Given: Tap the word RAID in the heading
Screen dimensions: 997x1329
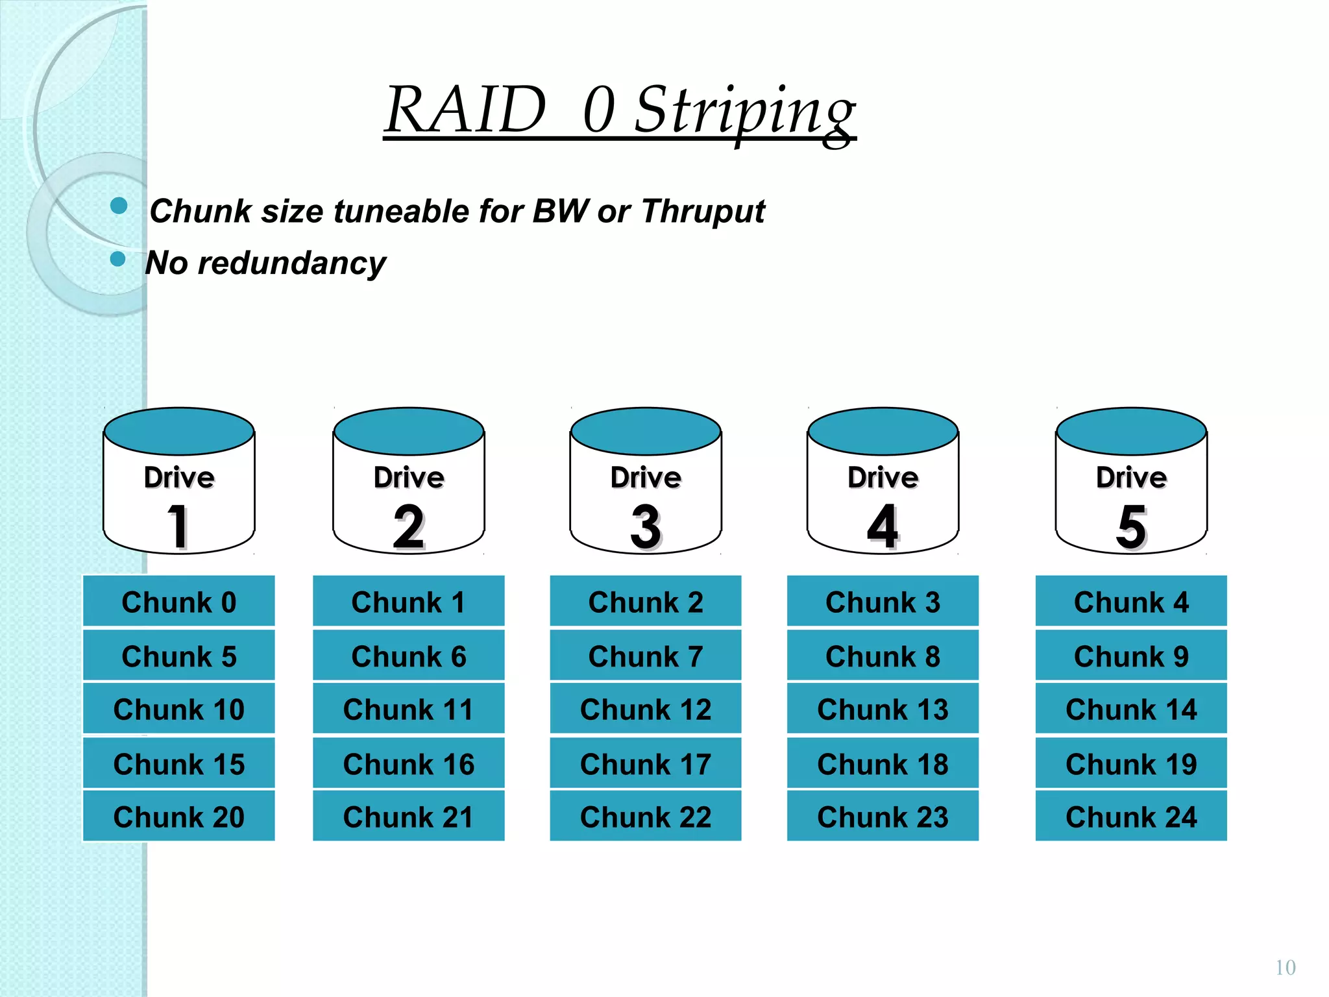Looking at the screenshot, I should [x=465, y=110].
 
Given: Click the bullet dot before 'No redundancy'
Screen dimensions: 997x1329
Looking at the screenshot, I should [x=117, y=259].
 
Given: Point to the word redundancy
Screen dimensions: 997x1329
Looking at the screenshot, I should [x=291, y=264].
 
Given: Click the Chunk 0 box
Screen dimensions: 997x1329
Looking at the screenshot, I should [x=179, y=602].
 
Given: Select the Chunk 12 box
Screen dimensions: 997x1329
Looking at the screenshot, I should [x=646, y=709].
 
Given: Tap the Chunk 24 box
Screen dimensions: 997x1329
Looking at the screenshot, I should [x=1130, y=817].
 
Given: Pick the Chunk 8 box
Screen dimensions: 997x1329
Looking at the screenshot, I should [x=883, y=656].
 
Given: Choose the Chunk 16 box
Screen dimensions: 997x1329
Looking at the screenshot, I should [x=409, y=763].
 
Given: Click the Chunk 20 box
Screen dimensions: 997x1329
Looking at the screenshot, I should [x=179, y=817].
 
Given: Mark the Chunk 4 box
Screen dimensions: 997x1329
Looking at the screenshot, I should [x=1130, y=602].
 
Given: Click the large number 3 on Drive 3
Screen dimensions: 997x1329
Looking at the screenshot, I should [x=645, y=526].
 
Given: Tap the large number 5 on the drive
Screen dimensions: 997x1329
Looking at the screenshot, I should [x=1131, y=526].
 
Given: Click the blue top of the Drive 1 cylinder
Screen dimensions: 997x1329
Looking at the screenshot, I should [x=179, y=431].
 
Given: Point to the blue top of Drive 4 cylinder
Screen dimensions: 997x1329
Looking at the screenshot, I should [x=883, y=431].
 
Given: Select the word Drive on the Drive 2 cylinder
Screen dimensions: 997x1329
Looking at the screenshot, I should [x=409, y=478].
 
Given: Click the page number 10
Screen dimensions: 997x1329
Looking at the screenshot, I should [x=1285, y=968].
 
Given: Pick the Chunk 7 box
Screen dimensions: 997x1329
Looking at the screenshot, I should [x=646, y=656].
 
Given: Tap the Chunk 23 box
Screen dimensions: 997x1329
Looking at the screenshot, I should [x=883, y=817].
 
